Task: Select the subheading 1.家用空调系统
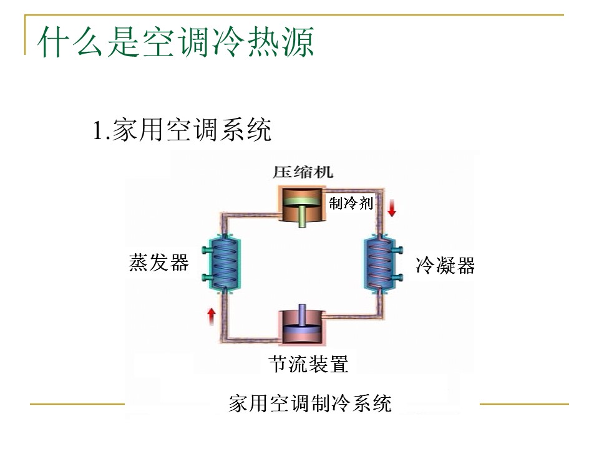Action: (182, 131)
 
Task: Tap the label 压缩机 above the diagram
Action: (303, 171)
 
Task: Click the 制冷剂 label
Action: (351, 203)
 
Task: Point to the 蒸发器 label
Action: (159, 262)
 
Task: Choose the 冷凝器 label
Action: (445, 266)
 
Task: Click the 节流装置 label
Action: (308, 364)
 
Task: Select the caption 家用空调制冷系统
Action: (310, 403)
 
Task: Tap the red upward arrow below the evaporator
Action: (212, 315)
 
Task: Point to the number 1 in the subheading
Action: (97, 132)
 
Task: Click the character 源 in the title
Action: (298, 42)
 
